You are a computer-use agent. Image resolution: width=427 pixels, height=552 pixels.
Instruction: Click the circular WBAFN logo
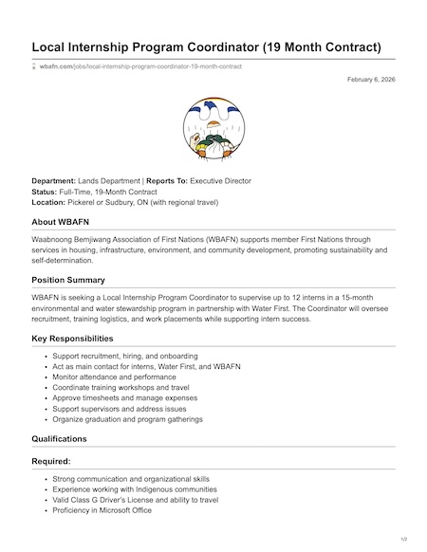(x=213, y=132)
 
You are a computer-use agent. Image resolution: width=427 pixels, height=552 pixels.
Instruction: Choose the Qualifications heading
(x=59, y=439)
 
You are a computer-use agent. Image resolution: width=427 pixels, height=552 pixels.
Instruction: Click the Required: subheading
(x=54, y=462)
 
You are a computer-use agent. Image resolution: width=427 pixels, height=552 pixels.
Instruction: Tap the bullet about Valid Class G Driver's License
(x=136, y=500)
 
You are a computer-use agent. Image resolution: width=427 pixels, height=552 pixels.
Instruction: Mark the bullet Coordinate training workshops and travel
(x=121, y=387)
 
